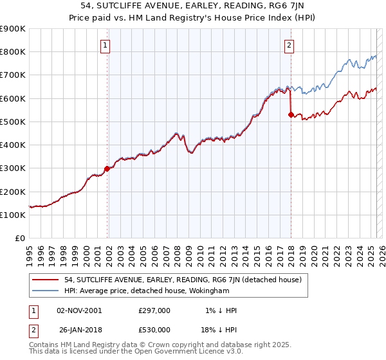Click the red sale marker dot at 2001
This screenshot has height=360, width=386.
[x=107, y=169]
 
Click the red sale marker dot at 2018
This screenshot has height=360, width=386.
[x=291, y=115]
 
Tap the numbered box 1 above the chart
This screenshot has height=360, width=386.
[x=104, y=45]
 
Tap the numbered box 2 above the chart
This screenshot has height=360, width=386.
[x=289, y=45]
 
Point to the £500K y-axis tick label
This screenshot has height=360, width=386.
[x=13, y=122]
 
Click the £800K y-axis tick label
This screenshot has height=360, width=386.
[x=13, y=51]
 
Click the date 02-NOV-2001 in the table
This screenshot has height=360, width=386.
[x=79, y=310]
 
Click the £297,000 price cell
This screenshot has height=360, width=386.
[x=154, y=310]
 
